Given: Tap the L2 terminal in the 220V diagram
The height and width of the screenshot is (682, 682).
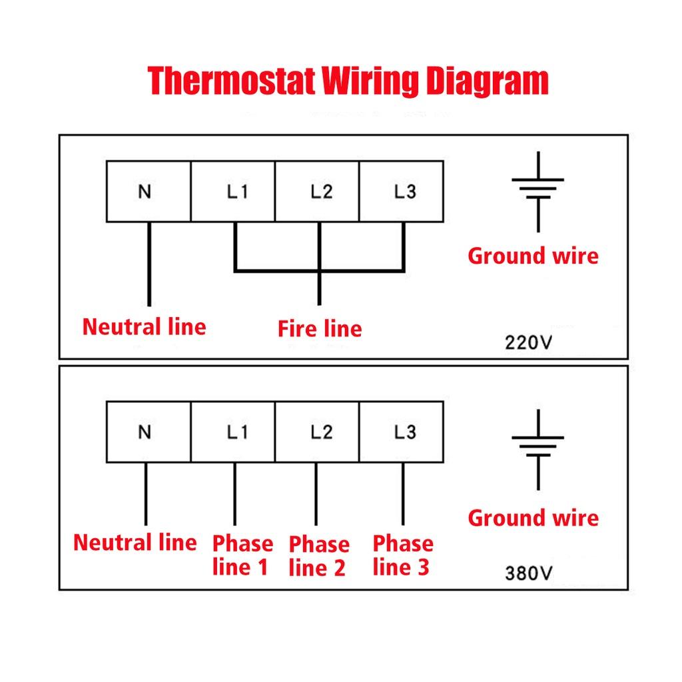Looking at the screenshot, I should (318, 191).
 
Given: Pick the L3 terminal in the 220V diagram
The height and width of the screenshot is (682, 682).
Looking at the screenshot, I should (402, 191).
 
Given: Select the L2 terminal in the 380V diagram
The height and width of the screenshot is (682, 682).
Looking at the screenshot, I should (318, 432).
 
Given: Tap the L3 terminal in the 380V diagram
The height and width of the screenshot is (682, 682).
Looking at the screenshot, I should (402, 432).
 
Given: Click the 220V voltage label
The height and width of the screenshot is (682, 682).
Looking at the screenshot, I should (529, 343).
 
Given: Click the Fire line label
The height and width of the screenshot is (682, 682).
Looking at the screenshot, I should (320, 328).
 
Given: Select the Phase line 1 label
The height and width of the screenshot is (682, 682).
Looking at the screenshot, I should (242, 555).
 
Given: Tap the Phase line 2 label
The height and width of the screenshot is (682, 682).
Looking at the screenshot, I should (319, 556).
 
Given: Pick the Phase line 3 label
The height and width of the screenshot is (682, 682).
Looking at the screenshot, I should (402, 555).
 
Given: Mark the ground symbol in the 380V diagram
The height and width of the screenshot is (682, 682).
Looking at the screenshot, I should (537, 449).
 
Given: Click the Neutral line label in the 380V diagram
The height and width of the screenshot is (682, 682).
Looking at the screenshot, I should (135, 542).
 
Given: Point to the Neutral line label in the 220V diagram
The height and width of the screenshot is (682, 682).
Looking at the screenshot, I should (145, 327).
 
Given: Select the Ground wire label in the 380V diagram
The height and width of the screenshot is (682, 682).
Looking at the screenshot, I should (533, 517).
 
